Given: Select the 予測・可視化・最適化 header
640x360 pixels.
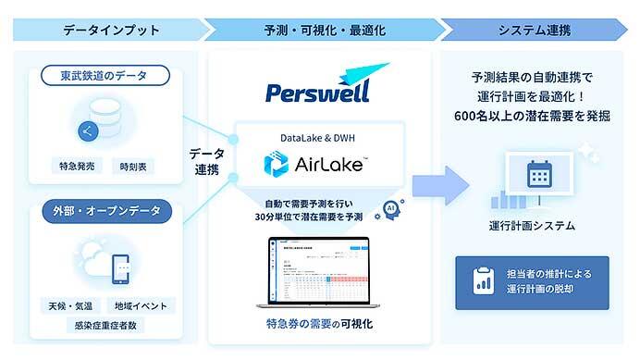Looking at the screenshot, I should tap(318, 30).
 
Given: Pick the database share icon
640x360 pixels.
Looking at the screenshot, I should tap(90, 130).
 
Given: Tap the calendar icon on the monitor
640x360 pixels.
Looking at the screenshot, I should tap(538, 173).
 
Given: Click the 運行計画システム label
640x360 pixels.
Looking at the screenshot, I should tap(533, 225).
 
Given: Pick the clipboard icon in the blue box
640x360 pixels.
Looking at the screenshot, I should tap(480, 281).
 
